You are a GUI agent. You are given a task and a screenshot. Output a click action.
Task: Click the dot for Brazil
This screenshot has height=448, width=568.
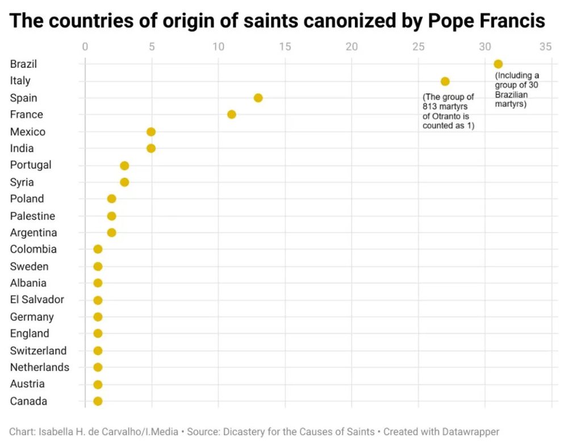(x=498, y=64)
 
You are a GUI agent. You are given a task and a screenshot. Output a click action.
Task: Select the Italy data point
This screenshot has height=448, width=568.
(x=445, y=81)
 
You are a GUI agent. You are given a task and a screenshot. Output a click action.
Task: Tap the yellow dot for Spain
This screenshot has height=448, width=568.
(x=258, y=98)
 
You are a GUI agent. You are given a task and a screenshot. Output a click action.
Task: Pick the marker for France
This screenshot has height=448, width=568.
(x=231, y=114)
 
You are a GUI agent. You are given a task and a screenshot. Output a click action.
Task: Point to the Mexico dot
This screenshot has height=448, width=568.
(x=151, y=132)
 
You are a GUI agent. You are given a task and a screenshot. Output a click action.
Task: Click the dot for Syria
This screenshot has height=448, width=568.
(x=124, y=182)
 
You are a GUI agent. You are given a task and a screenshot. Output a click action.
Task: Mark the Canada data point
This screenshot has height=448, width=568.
(x=98, y=401)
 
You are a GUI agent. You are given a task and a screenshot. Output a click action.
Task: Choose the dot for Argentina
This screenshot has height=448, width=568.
(x=111, y=233)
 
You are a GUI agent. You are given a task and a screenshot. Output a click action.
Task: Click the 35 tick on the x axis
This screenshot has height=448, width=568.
(x=545, y=47)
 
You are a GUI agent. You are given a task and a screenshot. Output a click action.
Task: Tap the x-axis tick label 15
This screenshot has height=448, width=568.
(x=285, y=47)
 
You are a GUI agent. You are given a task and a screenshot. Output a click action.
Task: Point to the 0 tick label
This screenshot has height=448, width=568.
(x=85, y=47)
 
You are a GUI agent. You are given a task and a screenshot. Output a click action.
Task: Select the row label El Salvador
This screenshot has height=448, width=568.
(x=37, y=300)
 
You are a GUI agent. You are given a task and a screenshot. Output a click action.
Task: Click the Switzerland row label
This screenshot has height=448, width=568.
(x=38, y=350)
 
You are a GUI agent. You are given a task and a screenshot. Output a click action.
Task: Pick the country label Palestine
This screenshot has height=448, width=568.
(x=32, y=216)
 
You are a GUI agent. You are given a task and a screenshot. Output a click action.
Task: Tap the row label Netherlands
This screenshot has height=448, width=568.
(x=39, y=367)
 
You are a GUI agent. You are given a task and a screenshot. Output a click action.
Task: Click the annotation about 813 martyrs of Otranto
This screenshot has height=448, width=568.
(x=448, y=111)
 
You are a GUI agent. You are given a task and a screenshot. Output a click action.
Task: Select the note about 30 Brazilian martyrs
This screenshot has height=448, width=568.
(x=516, y=90)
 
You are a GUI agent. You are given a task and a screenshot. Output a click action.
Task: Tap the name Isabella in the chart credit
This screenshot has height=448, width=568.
(x=56, y=432)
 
